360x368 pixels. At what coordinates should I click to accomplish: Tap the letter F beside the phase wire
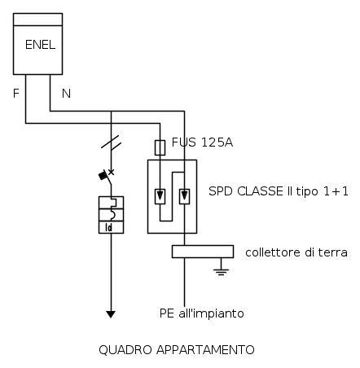pyautogui.click(x=16, y=94)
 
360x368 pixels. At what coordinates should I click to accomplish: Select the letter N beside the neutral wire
pyautogui.click(x=66, y=94)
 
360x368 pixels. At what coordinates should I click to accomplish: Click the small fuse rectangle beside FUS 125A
pyautogui.click(x=160, y=147)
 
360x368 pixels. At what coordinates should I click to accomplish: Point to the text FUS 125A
pyautogui.click(x=202, y=143)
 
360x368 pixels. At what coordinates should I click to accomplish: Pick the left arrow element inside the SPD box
pyautogui.click(x=160, y=195)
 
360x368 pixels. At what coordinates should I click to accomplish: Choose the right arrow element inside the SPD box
pyautogui.click(x=185, y=195)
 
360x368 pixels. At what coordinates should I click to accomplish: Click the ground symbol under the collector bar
pyautogui.click(x=220, y=269)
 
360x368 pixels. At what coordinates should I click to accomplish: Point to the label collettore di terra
pyautogui.click(x=296, y=252)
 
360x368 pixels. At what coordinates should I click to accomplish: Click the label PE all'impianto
pyautogui.click(x=201, y=313)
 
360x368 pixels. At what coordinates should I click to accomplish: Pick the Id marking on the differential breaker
pyautogui.click(x=112, y=228)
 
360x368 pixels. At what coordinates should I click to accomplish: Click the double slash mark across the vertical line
pyautogui.click(x=112, y=143)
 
